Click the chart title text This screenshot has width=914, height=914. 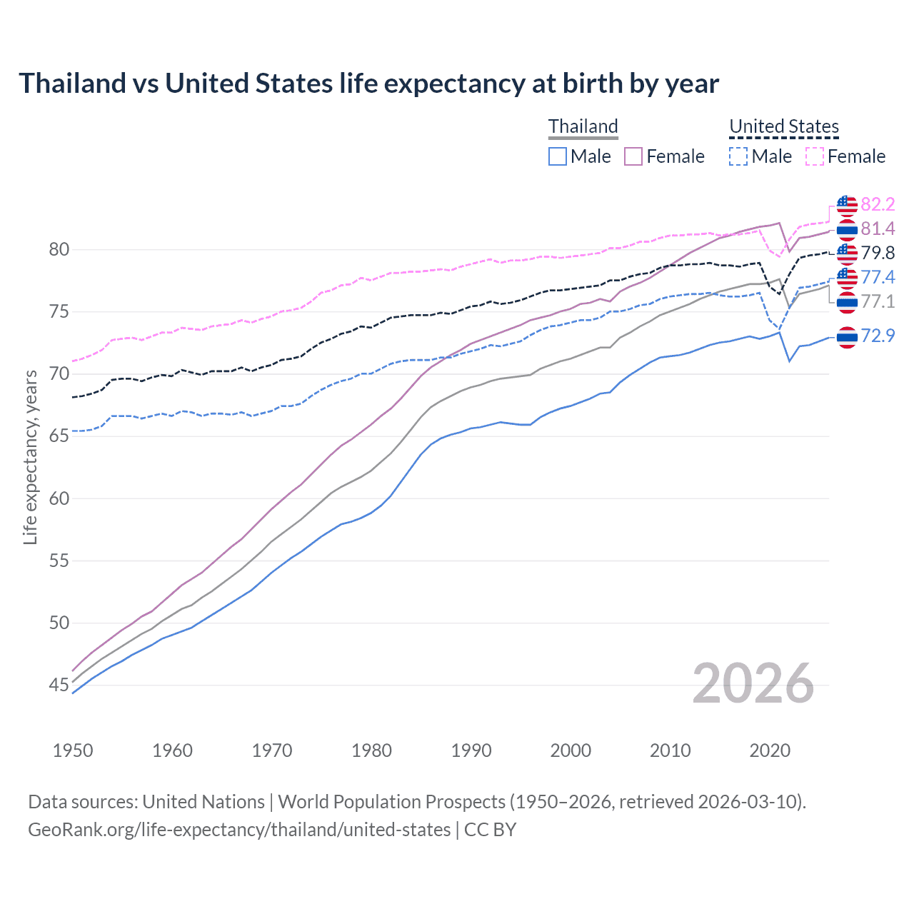(368, 84)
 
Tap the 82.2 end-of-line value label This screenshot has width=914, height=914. (878, 205)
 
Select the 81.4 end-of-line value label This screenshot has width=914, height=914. (878, 229)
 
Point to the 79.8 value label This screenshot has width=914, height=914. (878, 253)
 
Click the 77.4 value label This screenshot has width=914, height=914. (878, 278)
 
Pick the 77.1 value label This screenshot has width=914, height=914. (878, 302)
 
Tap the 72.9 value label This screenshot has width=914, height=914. (878, 336)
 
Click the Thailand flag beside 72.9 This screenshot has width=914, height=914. (847, 336)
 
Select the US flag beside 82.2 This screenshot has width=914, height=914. (847, 205)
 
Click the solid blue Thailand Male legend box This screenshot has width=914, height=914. (558, 156)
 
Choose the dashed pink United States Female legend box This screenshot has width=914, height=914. (815, 156)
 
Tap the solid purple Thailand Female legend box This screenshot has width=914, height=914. (633, 156)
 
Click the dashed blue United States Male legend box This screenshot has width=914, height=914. (738, 156)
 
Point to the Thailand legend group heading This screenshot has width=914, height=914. (583, 126)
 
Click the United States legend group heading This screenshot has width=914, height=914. (783, 126)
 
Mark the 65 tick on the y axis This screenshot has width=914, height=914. (59, 436)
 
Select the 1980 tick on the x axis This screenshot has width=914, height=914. (372, 750)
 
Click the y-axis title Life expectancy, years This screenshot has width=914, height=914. (30, 457)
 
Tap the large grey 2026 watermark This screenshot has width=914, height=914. (753, 683)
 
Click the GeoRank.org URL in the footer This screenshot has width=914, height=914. (239, 830)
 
